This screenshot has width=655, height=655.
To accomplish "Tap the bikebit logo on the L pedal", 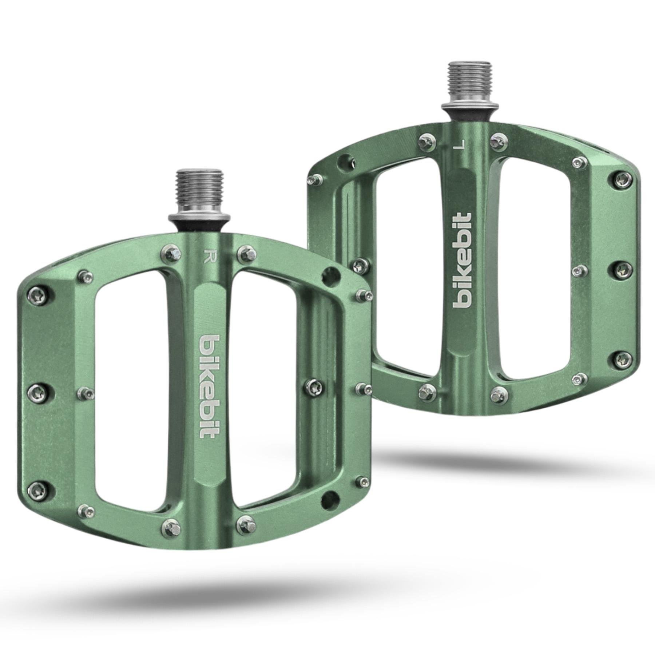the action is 463,265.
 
